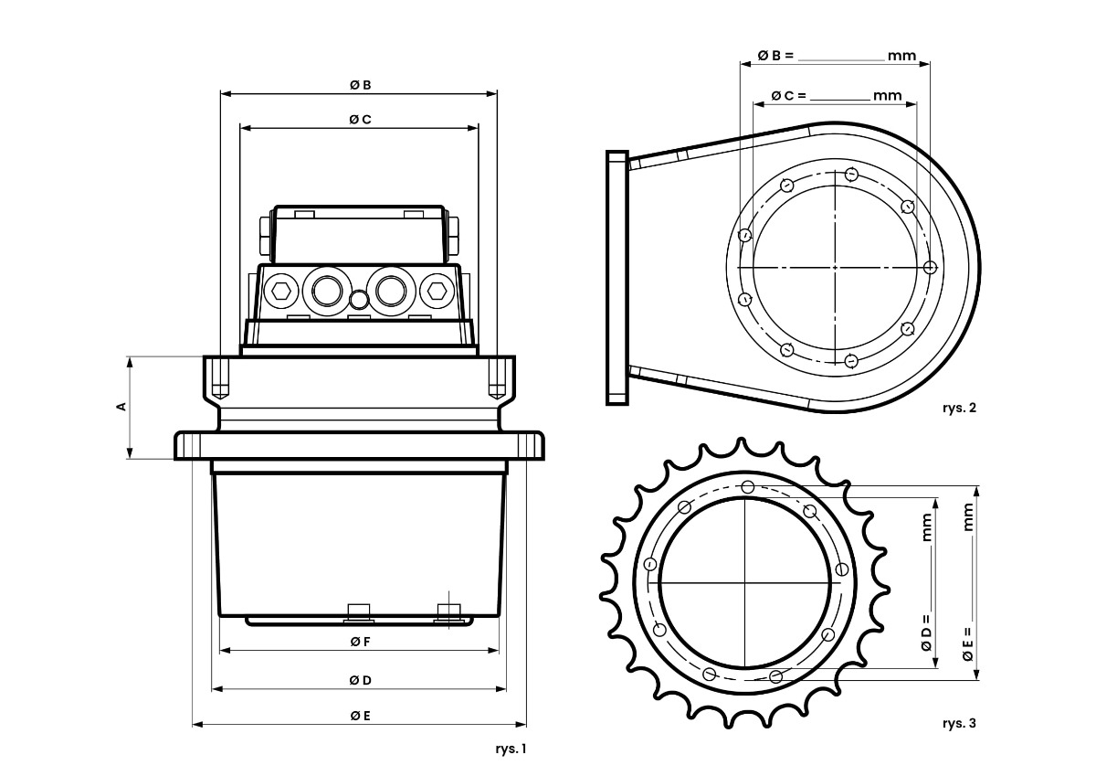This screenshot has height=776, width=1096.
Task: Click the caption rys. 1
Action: point(511,749)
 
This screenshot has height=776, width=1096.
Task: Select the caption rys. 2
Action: point(959,408)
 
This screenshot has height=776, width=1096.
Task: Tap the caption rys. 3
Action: point(959,723)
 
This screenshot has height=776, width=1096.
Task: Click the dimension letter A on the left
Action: point(121,407)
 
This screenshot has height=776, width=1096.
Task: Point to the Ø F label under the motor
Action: point(361,642)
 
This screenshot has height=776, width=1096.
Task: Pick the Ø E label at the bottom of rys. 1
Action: point(361,716)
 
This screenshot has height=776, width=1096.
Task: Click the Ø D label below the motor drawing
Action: point(361,680)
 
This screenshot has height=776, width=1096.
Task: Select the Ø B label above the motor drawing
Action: point(361,85)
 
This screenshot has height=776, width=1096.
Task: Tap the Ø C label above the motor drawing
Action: point(361,120)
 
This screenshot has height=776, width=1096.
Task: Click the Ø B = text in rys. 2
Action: point(775,56)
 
